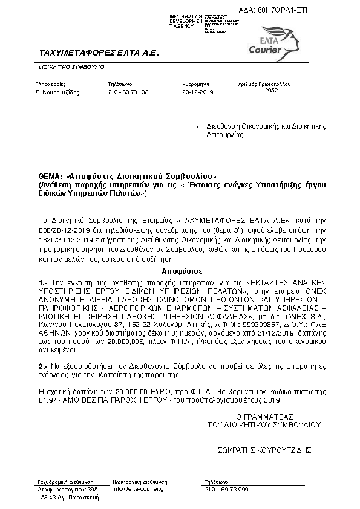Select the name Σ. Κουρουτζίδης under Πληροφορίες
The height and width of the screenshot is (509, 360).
click(57, 93)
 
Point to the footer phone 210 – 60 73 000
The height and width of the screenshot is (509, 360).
click(226, 488)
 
